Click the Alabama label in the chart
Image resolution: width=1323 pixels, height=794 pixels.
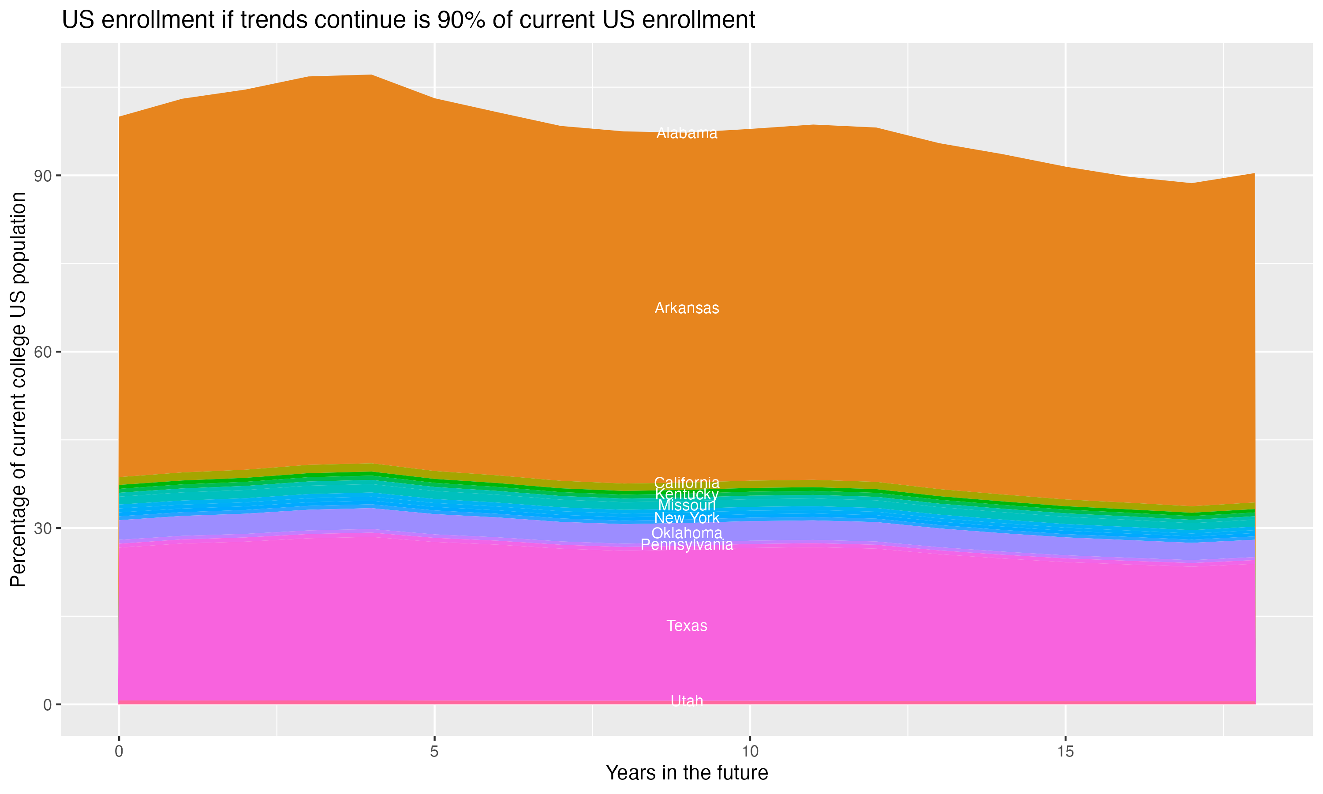(x=687, y=133)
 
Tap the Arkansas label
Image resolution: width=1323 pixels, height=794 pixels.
(x=687, y=308)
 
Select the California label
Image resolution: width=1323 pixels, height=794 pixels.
(x=687, y=482)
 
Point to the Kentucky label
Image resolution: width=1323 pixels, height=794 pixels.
(x=687, y=494)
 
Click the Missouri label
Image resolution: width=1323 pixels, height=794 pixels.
(x=687, y=506)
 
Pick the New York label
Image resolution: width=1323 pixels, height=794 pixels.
(x=687, y=518)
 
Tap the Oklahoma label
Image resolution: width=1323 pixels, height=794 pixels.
(x=687, y=533)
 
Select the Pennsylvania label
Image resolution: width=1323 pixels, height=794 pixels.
(x=687, y=545)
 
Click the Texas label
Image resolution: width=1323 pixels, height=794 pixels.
(x=687, y=625)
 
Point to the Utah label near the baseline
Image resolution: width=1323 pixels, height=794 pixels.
(x=687, y=701)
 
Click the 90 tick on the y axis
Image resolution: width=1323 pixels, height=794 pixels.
(x=42, y=176)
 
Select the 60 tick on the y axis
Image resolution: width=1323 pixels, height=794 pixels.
(x=42, y=352)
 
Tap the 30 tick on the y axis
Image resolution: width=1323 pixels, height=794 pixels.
(x=42, y=528)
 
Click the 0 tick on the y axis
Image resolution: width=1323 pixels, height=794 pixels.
(x=47, y=704)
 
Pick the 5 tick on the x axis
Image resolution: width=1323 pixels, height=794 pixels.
(x=434, y=752)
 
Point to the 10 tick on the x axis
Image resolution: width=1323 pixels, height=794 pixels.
(x=750, y=752)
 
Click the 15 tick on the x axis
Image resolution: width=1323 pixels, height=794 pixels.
(x=1065, y=752)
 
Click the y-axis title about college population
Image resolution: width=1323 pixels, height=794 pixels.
(x=18, y=390)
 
